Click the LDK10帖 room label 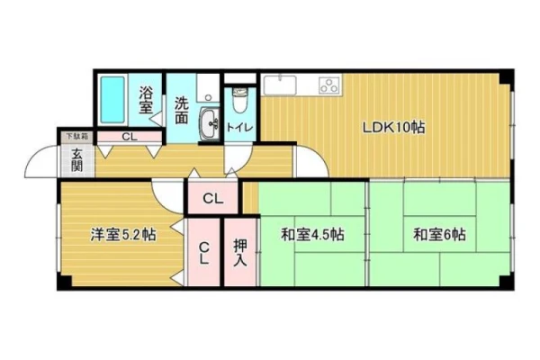393,128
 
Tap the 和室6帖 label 439,235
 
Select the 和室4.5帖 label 312,235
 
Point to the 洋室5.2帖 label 123,235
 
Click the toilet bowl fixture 240,100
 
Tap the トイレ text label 239,128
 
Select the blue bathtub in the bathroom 112,100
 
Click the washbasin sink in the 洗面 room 210,123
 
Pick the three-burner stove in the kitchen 329,85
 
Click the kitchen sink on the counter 280,85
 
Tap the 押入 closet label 240,253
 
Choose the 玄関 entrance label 76,160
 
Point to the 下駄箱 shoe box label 76,137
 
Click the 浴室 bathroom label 146,100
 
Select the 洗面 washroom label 181,110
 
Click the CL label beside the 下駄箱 130,137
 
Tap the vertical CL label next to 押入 204,253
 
